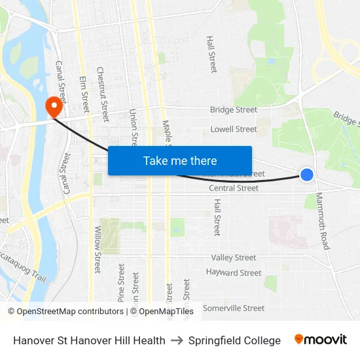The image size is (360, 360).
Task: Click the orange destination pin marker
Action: point(52,105)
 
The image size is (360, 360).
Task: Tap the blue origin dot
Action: point(306,174)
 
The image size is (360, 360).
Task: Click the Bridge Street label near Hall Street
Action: point(234,110)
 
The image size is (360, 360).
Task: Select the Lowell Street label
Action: point(234,130)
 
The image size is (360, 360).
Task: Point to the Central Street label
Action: point(234,189)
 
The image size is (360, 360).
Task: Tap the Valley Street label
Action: point(234,258)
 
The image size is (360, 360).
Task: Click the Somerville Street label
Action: point(234,308)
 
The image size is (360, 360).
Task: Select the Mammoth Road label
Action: point(323,221)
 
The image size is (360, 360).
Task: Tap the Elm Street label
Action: point(84,94)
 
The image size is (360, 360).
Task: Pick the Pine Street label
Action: point(121,283)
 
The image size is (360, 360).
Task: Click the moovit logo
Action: point(321,340)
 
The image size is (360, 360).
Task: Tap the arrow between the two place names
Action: point(177,340)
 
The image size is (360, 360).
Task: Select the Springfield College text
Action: point(234,340)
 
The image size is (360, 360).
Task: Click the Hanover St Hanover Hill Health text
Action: point(89,340)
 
